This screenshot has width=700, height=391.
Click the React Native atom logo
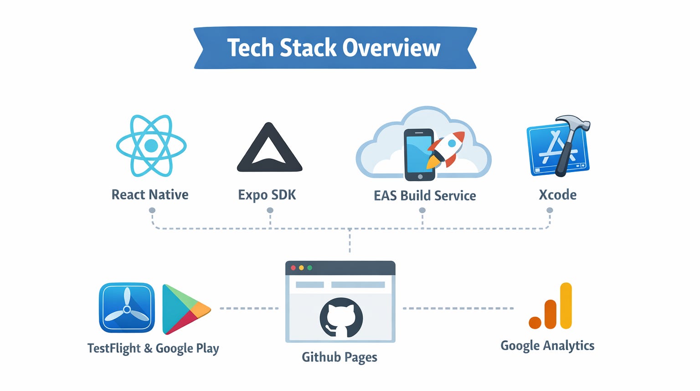151,146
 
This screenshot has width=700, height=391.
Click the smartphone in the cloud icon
419,154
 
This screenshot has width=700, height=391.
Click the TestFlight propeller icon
127,308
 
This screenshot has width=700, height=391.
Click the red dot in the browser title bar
293,268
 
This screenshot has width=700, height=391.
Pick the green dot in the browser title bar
310,268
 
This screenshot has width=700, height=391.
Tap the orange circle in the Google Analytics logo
535,322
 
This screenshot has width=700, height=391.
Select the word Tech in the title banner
250,48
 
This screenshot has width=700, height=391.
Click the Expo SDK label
267,195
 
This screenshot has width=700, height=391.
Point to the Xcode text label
557,195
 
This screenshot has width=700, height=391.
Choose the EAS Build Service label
425,196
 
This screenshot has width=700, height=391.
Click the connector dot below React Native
152,210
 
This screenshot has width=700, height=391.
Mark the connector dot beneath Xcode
550,210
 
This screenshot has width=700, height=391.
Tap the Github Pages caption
340,357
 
